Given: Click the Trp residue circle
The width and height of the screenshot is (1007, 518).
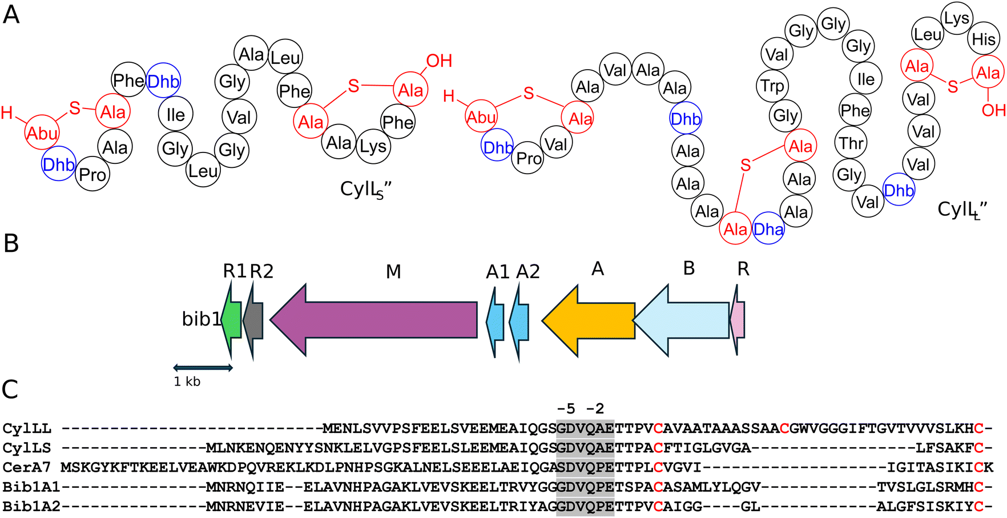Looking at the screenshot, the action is (772, 86).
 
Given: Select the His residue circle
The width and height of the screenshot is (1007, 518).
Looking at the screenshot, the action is (984, 39).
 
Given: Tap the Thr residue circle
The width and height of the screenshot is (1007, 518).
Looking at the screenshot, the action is (851, 143).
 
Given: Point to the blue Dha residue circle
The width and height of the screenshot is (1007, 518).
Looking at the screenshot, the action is (768, 229).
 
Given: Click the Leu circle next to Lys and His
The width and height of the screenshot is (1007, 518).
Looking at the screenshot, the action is (928, 35).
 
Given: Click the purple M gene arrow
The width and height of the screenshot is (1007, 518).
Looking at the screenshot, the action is (373, 320).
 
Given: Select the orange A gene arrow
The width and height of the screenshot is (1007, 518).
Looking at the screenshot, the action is (588, 320).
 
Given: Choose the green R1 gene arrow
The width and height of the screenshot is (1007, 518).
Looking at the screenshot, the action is (231, 320).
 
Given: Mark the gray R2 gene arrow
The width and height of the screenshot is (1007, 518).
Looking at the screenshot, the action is (253, 320).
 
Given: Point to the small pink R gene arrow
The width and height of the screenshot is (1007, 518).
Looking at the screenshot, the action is (738, 320).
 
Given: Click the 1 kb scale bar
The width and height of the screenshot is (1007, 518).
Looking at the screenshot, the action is (203, 368).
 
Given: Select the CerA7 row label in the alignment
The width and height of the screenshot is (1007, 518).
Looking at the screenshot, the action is (26, 467).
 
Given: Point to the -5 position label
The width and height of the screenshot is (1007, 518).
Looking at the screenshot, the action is (566, 408).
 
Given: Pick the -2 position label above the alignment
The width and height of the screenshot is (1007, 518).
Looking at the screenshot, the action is (595, 408).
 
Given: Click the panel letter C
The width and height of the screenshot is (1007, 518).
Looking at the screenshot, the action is (10, 389).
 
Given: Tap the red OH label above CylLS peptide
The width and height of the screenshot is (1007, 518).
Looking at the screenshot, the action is (439, 61).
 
